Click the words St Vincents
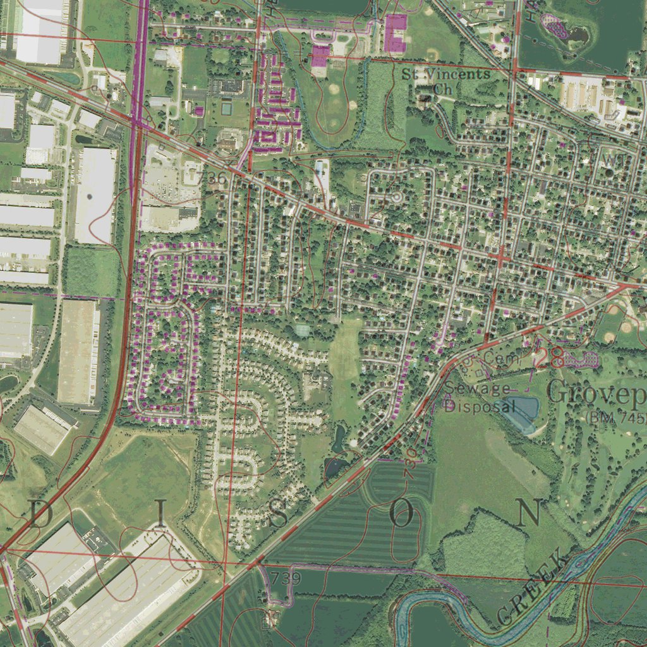446,74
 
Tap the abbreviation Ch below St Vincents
444,89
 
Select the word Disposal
480,406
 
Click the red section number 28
548,358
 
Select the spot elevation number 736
212,179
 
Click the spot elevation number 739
286,578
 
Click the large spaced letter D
40,515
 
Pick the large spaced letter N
528,512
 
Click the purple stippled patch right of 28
581,360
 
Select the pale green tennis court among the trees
303,329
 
